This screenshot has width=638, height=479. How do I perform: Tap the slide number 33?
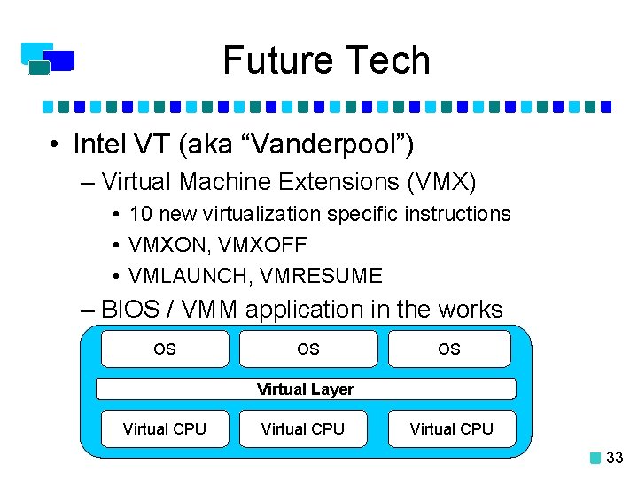pyautogui.click(x=615, y=458)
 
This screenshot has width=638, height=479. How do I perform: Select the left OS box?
pyautogui.click(x=165, y=349)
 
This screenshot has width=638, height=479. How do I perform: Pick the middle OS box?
pyautogui.click(x=307, y=349)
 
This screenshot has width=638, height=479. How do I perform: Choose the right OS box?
pyautogui.click(x=449, y=349)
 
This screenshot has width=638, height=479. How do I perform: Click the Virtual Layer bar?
pyautogui.click(x=305, y=389)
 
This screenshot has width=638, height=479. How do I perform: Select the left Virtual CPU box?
pyautogui.click(x=165, y=428)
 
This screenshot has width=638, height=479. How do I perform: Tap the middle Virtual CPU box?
pyautogui.click(x=303, y=428)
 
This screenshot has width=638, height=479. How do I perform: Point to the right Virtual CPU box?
pyautogui.click(x=451, y=428)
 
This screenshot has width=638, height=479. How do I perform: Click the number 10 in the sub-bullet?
pyautogui.click(x=139, y=214)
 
